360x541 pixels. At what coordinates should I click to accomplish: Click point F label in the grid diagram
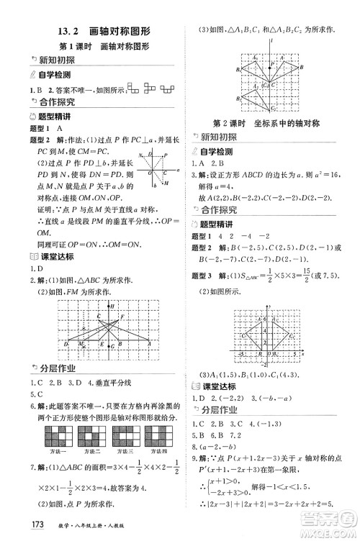(x=123, y=317)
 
